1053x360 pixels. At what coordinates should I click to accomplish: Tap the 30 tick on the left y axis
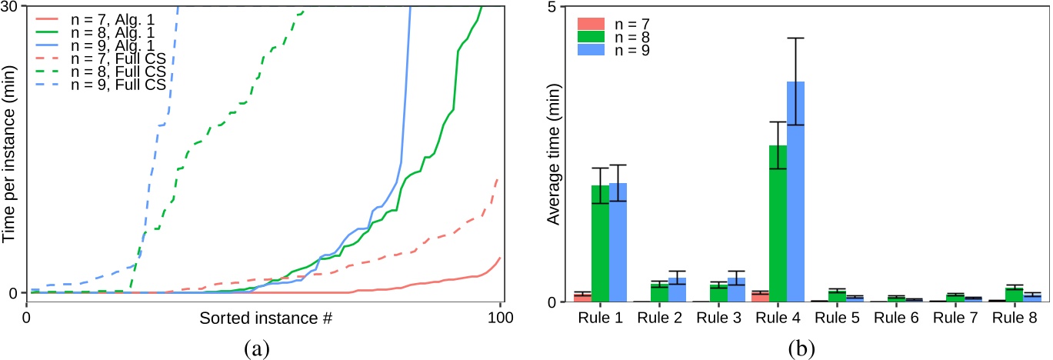pyautogui.click(x=14, y=7)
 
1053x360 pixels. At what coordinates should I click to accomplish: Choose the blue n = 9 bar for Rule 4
pyautogui.click(x=795, y=192)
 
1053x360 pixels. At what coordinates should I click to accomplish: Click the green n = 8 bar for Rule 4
pyautogui.click(x=778, y=223)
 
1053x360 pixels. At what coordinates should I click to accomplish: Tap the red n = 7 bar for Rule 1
pyautogui.click(x=582, y=297)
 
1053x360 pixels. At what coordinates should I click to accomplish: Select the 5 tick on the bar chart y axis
pyautogui.click(x=560, y=7)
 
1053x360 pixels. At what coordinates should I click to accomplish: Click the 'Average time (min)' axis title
pyautogui.click(x=551, y=154)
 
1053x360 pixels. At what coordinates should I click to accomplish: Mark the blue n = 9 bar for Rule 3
pyautogui.click(x=736, y=290)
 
